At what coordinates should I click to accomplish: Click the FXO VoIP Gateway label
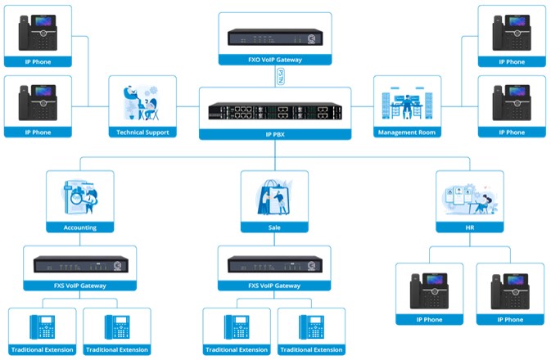point(274,61)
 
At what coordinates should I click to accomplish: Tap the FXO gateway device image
point(274,36)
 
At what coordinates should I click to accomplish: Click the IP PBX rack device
point(274,110)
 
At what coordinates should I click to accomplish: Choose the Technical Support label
point(142,132)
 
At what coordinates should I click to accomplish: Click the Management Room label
point(407,132)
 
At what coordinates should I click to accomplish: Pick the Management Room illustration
point(407,102)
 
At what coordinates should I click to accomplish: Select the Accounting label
point(80,227)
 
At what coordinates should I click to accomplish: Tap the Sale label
point(274,227)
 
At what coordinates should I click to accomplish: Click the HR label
point(469,227)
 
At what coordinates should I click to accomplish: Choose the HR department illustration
point(469,196)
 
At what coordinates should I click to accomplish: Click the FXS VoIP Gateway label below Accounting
point(80,286)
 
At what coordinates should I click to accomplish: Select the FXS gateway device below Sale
point(274,264)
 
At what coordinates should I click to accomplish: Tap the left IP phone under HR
point(429,290)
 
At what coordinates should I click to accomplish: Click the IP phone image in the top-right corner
point(512,33)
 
